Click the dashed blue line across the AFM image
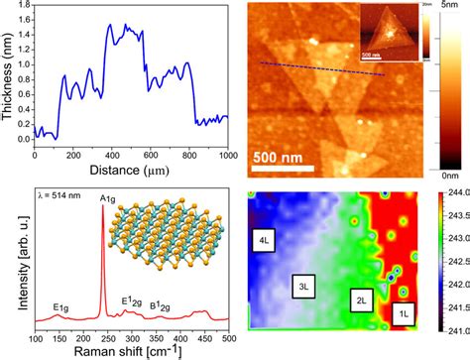(x=322, y=69)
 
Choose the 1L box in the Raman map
(x=403, y=313)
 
